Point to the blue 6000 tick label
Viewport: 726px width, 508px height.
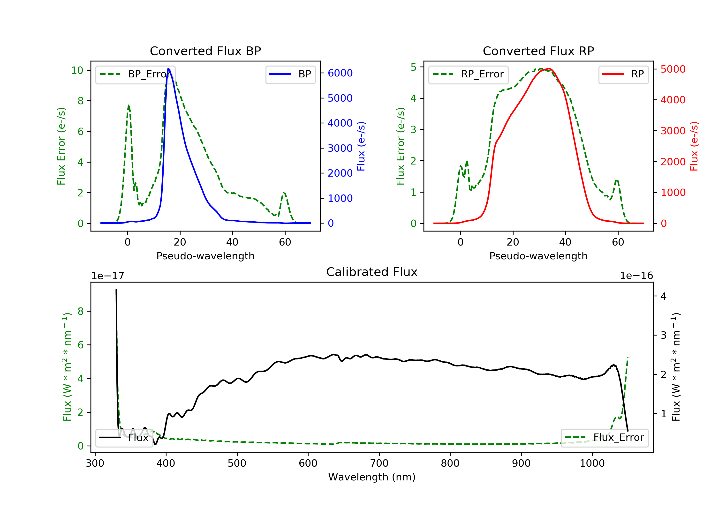click(x=340, y=73)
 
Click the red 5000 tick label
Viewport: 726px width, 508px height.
click(x=673, y=69)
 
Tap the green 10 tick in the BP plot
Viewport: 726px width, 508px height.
click(x=77, y=70)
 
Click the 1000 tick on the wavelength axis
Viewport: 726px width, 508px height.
click(x=592, y=463)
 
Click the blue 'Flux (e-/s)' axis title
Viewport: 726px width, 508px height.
click(x=361, y=146)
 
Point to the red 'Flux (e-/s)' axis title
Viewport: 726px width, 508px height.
click(x=694, y=146)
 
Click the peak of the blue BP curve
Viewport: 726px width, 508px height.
click(x=168, y=69)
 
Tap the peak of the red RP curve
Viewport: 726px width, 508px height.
click(x=549, y=69)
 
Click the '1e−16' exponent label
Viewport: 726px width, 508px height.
click(x=636, y=276)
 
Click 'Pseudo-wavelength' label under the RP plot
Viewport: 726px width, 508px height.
click(x=538, y=256)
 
